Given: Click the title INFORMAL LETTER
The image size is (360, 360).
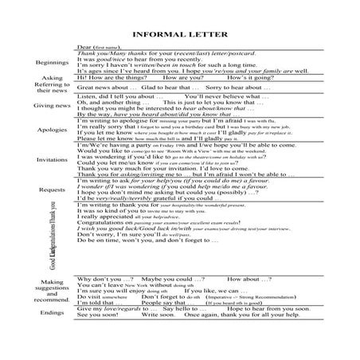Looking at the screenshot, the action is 179,33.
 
